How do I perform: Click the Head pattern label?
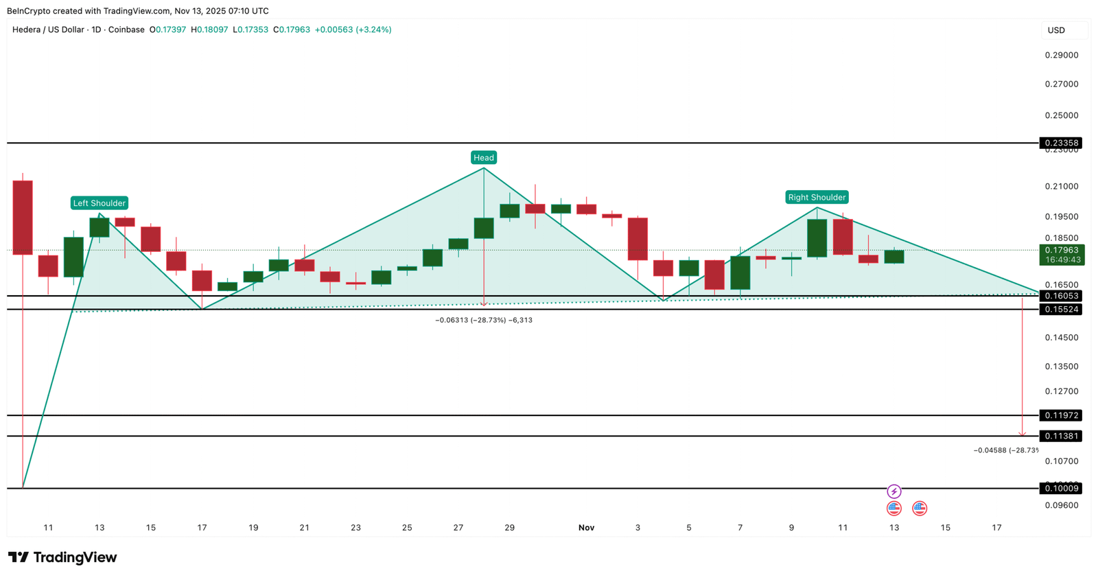484,158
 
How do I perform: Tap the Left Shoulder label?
100,203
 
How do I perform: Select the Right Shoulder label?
817,198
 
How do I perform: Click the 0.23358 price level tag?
1060,143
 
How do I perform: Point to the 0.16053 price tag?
1060,296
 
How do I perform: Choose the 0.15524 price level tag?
1060,310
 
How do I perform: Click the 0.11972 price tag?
1060,415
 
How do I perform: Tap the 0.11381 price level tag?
1060,436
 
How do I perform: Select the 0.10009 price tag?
1060,489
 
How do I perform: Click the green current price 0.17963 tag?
1061,255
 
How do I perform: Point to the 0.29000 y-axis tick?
1061,55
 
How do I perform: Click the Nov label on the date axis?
586,528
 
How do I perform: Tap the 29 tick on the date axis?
509,528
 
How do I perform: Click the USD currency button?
1056,30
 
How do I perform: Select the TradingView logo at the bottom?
62,557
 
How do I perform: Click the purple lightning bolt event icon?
893,492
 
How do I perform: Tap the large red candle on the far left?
23,218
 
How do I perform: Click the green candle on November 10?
817,238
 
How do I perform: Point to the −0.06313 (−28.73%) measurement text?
484,321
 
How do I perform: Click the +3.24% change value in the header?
373,30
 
